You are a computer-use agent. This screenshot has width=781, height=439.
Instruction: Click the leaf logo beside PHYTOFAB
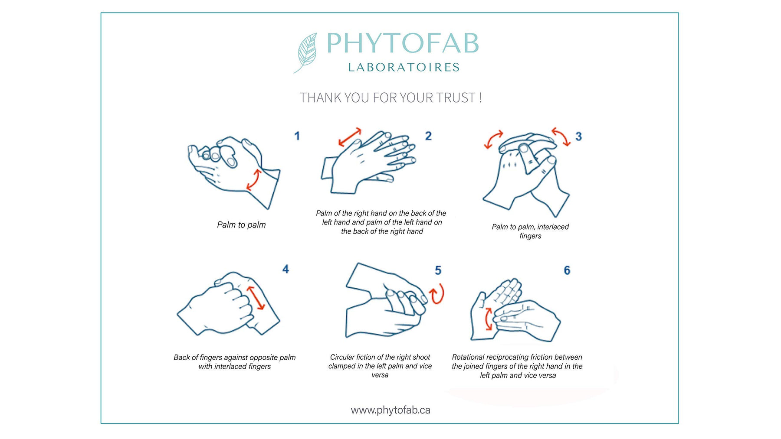tap(306, 52)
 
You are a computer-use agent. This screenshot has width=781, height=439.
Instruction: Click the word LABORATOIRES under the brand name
tap(404, 67)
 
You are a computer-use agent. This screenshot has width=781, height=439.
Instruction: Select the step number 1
tap(297, 136)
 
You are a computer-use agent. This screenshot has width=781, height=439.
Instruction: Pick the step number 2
tap(428, 136)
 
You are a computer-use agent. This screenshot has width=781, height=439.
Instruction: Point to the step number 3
tap(578, 137)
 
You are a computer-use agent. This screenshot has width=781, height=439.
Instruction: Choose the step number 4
tap(285, 269)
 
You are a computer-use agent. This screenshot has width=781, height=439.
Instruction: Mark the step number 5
tap(438, 270)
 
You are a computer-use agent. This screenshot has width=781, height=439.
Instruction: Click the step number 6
tap(567, 270)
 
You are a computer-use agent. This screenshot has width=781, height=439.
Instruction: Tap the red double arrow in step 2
tap(350, 137)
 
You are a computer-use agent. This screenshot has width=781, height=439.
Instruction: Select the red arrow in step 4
tap(256, 298)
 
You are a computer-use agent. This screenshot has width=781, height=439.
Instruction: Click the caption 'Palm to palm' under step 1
tap(241, 225)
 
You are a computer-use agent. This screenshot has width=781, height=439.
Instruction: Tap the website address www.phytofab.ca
tap(390, 410)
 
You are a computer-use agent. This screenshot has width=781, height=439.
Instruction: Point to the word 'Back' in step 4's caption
tap(182, 358)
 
